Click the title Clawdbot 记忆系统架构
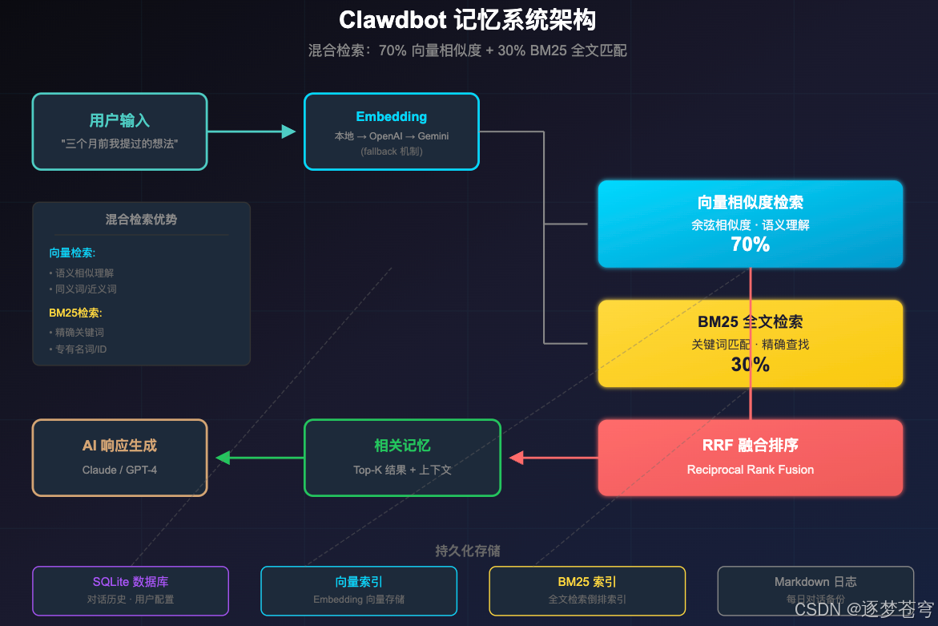pos(468,20)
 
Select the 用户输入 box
pos(119,131)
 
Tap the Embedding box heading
pos(391,117)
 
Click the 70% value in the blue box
pos(750,245)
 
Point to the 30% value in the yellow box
pos(750,365)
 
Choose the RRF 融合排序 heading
pos(750,446)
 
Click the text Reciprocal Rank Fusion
pos(750,470)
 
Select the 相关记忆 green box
pos(402,457)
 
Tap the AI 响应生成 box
pos(119,457)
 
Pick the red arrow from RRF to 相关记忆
pos(553,458)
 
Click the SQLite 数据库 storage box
pos(131,590)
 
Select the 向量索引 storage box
pos(359,590)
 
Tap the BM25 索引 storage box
pos(587,590)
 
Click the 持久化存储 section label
pos(468,551)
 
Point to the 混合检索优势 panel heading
pos(141,220)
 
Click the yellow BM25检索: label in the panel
pos(75,313)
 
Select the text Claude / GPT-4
pos(119,470)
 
